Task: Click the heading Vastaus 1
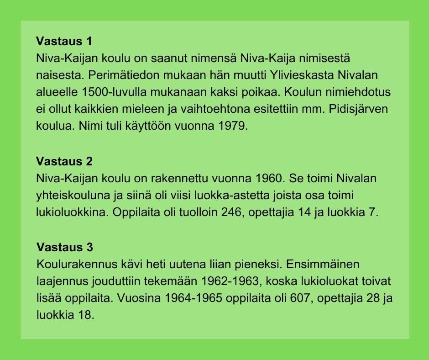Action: coord(64,41)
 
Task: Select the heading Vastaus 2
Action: coord(64,161)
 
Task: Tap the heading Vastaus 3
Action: coord(64,247)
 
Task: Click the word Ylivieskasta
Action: coord(302,75)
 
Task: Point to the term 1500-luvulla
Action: coord(114,92)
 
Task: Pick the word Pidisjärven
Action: coord(358,109)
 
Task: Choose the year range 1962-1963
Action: coord(230,281)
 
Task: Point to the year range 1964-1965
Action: coord(193,298)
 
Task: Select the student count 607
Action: coord(299,298)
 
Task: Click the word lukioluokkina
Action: coord(72,212)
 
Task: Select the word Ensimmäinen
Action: coord(323,265)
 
